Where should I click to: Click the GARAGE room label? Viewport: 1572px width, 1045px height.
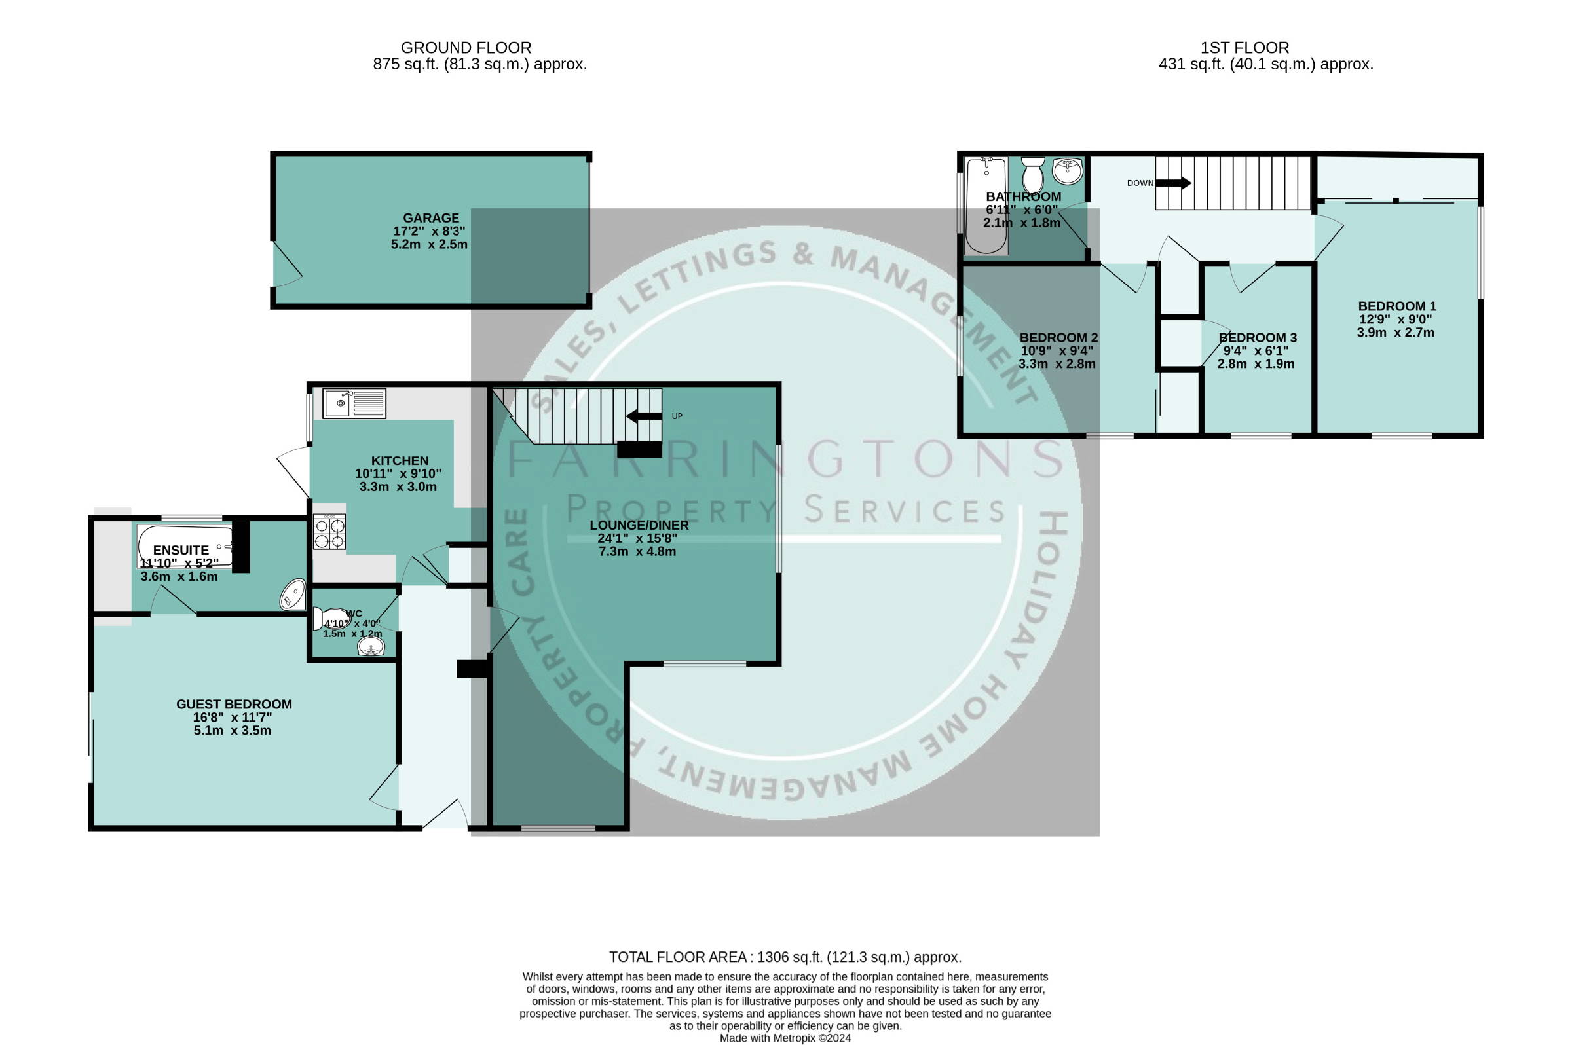pos(431,218)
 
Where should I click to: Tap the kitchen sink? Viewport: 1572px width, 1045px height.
pos(354,403)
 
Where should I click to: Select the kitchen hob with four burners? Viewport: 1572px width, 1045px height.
pos(329,531)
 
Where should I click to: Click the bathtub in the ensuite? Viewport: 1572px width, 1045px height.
pos(185,547)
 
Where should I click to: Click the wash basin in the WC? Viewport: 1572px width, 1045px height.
pos(371,646)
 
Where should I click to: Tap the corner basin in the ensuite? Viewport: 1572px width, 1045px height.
pos(293,595)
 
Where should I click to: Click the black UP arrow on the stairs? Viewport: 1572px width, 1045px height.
pos(644,416)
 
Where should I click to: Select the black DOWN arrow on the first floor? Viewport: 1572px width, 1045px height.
pos(1173,183)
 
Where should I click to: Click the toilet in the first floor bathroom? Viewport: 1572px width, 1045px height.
pos(1033,175)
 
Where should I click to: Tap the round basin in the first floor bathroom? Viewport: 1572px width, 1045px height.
pos(1068,171)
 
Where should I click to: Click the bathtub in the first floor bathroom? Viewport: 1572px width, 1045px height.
pos(986,206)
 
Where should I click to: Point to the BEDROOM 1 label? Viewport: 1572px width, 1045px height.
pos(1397,306)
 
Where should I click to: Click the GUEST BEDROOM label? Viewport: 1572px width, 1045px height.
pos(234,705)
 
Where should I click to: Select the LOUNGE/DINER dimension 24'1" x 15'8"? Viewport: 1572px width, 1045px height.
pos(637,538)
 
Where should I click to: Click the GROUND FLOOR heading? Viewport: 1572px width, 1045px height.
pos(466,48)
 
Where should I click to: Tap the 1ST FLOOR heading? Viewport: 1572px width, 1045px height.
pos(1244,48)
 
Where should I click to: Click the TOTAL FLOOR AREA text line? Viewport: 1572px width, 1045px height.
pos(785,957)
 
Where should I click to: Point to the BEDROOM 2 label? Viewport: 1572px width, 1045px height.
pos(1058,338)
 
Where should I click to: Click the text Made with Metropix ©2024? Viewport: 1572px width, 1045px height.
pos(785,1038)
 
